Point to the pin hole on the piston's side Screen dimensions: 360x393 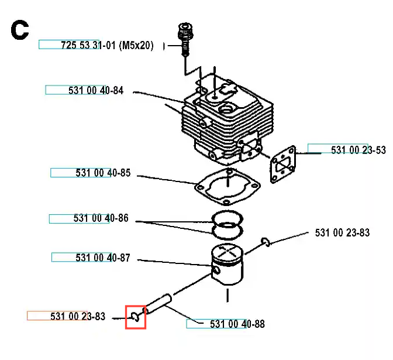[218, 271]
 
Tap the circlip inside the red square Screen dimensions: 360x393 [136, 317]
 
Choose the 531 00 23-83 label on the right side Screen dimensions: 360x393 [342, 232]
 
